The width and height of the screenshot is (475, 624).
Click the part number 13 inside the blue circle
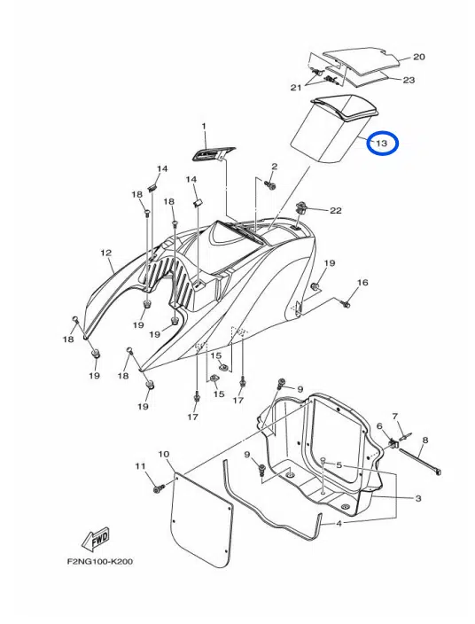point(382,143)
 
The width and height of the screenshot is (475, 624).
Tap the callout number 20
point(419,57)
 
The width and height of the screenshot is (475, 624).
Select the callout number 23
point(409,80)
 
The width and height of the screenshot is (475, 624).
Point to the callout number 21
point(296,88)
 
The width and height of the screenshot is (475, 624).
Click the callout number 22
point(335,210)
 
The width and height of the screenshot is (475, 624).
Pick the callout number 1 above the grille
point(204,127)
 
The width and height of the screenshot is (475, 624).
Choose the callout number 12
point(105,253)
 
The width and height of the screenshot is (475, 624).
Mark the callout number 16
point(362,283)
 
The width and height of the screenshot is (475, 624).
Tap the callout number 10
point(163,455)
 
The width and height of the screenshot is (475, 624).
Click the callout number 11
point(139,466)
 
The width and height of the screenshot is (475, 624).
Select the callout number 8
point(424,441)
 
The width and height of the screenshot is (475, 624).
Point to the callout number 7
point(395,416)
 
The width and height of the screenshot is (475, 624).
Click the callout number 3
point(417,499)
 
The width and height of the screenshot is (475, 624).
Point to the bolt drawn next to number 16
point(346,304)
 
